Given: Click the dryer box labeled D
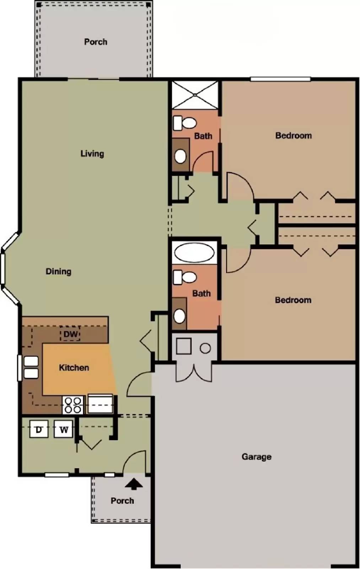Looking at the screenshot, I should coord(39,429).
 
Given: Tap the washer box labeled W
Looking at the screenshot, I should coord(64,429).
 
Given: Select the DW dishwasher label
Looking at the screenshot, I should coord(70,334).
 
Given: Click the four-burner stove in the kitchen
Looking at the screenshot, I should coord(73,405).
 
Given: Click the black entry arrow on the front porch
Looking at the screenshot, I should coord(134,484).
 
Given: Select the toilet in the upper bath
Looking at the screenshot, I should coord(184,123).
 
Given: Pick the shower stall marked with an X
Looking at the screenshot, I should coord(195,94).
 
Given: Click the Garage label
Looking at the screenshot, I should coord(256,457).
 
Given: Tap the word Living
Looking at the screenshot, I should coord(92,154).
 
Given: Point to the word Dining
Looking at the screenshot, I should coord(58,272).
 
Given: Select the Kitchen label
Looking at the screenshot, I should coord(74,368).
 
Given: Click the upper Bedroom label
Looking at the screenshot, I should coord(293,135).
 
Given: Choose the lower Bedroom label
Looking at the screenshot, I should coord(293,300).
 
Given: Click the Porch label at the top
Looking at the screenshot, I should coord(96,42).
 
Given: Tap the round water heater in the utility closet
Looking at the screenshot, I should coord(205,348).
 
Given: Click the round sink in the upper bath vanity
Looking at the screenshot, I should coord(181,156).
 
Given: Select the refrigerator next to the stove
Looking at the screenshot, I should coord(100,404).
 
